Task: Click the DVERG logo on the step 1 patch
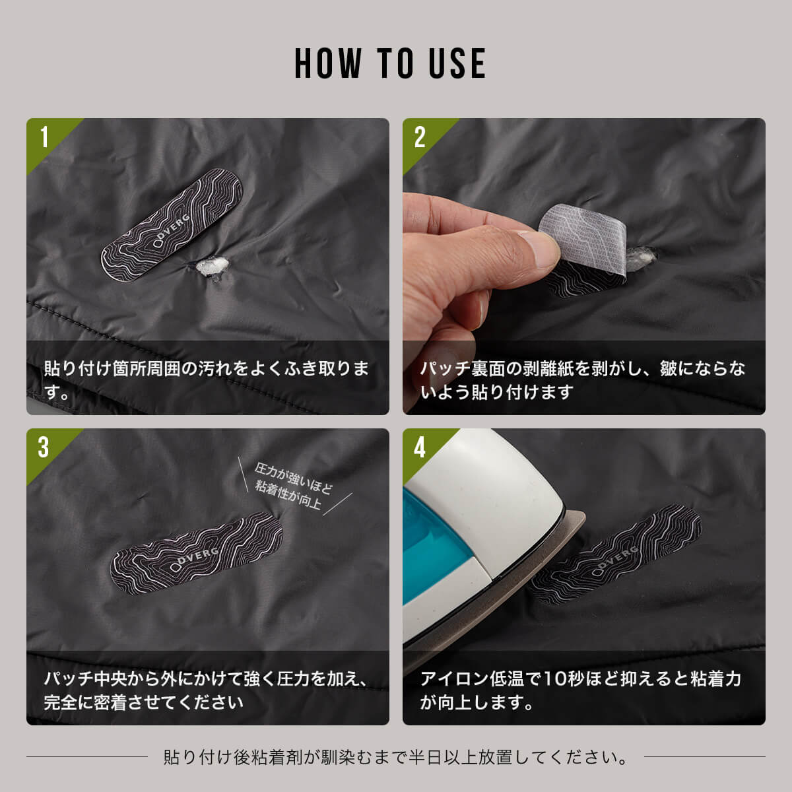tap(172, 231)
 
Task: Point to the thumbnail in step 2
tap(538, 248)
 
